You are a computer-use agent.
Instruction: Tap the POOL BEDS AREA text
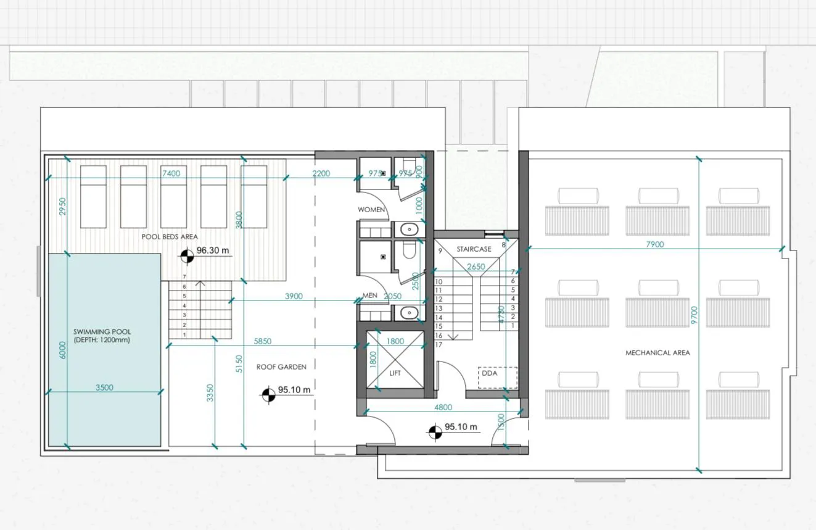click(x=170, y=236)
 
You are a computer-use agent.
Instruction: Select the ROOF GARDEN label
click(x=281, y=367)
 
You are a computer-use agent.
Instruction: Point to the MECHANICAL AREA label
click(x=657, y=353)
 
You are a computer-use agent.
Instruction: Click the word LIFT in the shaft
click(x=395, y=373)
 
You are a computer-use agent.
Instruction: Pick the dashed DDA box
click(x=497, y=377)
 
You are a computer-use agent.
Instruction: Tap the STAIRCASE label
click(x=474, y=249)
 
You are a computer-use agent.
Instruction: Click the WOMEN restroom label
click(x=371, y=210)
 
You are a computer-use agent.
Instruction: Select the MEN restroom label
click(x=369, y=296)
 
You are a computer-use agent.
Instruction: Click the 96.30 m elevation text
click(x=213, y=251)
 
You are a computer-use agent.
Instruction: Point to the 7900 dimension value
click(x=654, y=244)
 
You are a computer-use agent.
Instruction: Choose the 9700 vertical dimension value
click(x=694, y=315)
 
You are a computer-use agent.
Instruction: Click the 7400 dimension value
click(x=171, y=173)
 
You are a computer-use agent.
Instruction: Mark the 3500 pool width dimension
click(x=105, y=387)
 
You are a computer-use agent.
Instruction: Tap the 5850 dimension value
click(x=263, y=341)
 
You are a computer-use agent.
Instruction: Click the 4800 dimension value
click(x=443, y=407)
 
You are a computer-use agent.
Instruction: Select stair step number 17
click(x=439, y=344)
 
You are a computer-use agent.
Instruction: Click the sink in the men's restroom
click(x=410, y=313)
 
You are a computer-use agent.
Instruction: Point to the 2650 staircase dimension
click(x=476, y=267)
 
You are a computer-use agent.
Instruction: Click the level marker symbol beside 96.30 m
click(x=188, y=256)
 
